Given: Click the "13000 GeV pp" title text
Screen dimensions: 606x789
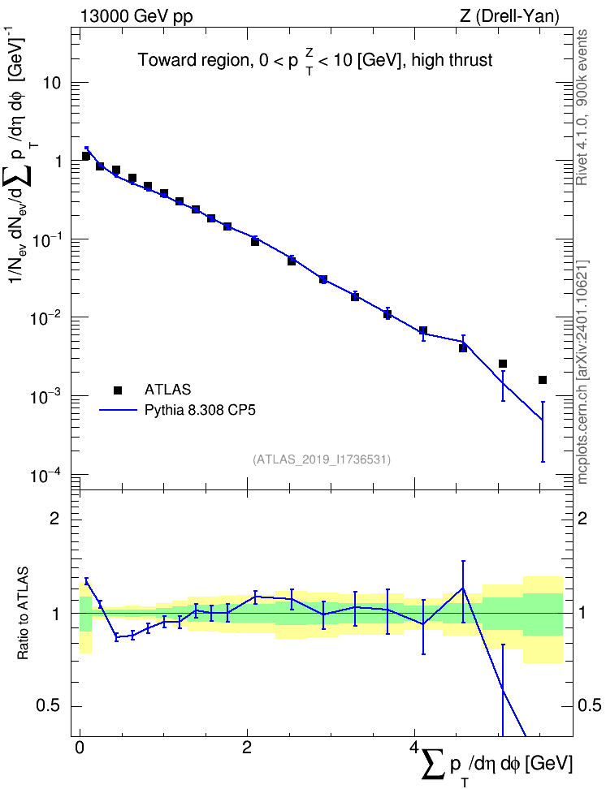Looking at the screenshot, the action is tap(136, 16).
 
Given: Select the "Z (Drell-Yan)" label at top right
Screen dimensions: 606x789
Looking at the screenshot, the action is tap(509, 16).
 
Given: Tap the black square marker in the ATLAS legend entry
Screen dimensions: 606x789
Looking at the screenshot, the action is tap(117, 390).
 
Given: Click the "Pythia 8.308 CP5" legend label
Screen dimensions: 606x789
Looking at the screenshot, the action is tap(200, 410).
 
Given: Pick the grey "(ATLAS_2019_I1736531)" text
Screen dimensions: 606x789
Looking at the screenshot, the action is tap(322, 459).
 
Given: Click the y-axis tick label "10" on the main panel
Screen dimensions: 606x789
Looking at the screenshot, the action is tap(52, 83).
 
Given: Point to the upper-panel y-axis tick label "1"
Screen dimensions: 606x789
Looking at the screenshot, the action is tap(57, 162).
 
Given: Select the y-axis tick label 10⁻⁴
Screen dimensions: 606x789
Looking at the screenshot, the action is tap(45, 475).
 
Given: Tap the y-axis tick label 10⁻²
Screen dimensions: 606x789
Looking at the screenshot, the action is tap(45, 317).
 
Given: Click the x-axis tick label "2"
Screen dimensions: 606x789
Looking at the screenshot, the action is tap(247, 747).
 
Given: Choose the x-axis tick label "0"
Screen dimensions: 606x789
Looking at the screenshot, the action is tap(80, 747).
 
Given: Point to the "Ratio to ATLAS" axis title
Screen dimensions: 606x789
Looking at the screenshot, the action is tap(22, 613).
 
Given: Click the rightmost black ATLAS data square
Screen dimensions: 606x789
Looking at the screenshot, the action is tap(543, 380).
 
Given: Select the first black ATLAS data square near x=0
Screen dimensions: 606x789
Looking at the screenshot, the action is tap(86, 157).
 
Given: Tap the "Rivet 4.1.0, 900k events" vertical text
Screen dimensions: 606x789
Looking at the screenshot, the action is tap(582, 108).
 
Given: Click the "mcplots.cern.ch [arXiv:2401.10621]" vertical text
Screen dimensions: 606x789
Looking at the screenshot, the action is tap(582, 372).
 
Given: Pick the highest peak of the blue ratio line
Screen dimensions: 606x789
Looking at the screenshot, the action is tap(463, 588).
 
